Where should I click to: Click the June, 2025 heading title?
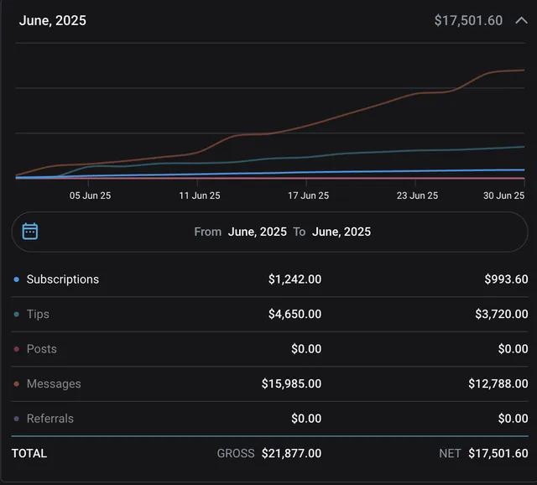coord(53,20)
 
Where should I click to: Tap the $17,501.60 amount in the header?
coord(468,20)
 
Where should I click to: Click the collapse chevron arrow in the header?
coord(521,20)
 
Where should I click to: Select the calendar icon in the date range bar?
coord(30,232)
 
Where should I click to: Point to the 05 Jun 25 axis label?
coord(90,196)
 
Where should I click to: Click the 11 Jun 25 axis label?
coord(200,196)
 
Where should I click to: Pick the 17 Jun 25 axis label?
coord(308,196)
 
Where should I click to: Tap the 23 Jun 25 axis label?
coord(417,196)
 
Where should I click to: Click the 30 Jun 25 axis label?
coord(503,196)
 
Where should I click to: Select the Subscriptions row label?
coord(63,279)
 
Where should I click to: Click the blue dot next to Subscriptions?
coord(17,279)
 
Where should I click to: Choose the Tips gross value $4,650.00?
coord(295,314)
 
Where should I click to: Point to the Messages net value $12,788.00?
coord(498,383)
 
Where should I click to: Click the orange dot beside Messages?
coord(17,384)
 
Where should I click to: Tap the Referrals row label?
coord(50,419)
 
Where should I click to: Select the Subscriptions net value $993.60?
coord(506,279)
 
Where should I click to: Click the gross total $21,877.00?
coord(291,453)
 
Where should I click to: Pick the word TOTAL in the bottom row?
coord(29,453)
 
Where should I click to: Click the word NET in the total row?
coord(450,453)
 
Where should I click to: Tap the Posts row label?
coord(42,349)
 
